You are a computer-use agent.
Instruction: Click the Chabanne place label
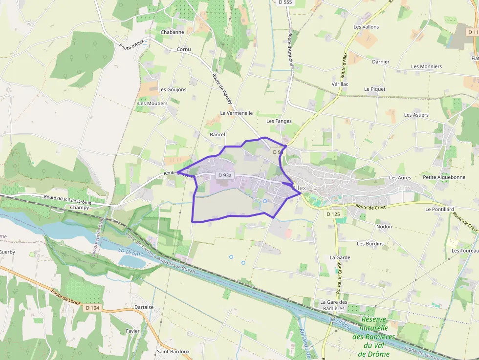tap(173, 32)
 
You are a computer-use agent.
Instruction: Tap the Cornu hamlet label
tap(184, 50)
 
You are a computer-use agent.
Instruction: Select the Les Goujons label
tap(173, 90)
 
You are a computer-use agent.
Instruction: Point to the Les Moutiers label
tap(152, 104)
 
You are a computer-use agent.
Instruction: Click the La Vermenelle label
tap(237, 113)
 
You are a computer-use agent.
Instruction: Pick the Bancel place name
tap(217, 134)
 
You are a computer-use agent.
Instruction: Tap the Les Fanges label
tap(279, 121)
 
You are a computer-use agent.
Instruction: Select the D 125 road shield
tap(332, 214)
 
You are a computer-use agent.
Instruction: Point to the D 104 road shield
tap(92, 308)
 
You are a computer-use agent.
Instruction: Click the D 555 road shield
tap(284, 2)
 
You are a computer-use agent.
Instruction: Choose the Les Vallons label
tap(366, 27)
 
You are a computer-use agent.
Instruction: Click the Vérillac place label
tap(340, 84)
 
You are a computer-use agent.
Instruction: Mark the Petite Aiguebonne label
tap(444, 177)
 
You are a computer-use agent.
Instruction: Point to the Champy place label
tap(80, 208)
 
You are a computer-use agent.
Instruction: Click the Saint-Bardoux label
tap(173, 351)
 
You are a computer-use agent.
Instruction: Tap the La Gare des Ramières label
tap(334, 305)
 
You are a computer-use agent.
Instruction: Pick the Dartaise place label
tap(144, 307)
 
